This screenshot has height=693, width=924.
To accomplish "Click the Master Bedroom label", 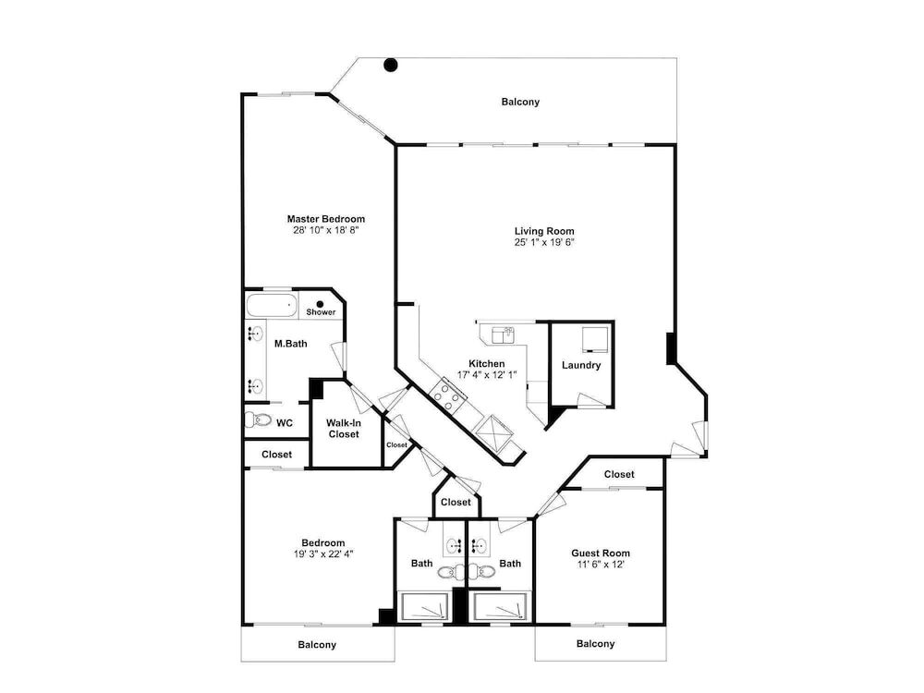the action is coord(326,219).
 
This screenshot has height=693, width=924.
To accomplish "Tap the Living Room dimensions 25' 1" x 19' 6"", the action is coord(544,242).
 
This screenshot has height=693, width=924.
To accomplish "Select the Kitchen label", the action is coord(487,363).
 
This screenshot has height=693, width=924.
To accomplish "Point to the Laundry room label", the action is coord(581,365).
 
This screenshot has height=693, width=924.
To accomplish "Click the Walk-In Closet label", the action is coord(344,429).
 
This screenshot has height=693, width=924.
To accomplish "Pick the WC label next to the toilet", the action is coord(285,423).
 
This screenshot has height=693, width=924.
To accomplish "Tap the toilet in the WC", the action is coord(258,420).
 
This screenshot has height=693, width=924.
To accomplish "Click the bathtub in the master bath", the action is coord(272,306).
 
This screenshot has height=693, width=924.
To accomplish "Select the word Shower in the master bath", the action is coord(321,312).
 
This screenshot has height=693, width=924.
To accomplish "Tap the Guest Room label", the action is coord(601,553).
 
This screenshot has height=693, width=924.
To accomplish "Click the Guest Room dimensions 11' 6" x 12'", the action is coord(601,565).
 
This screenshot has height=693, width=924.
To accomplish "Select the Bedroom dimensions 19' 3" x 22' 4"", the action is coord(323,553).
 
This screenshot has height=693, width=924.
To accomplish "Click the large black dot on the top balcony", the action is coord(391,65).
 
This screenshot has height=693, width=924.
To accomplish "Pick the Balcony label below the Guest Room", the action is coord(595,643).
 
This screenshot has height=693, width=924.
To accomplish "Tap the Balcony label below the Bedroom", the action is coord(317,645).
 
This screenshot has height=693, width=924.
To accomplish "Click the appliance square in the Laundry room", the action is coord(593,339).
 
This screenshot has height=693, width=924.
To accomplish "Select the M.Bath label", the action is coord(290,344).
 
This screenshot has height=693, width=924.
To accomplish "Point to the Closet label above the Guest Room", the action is coord(619,474).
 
